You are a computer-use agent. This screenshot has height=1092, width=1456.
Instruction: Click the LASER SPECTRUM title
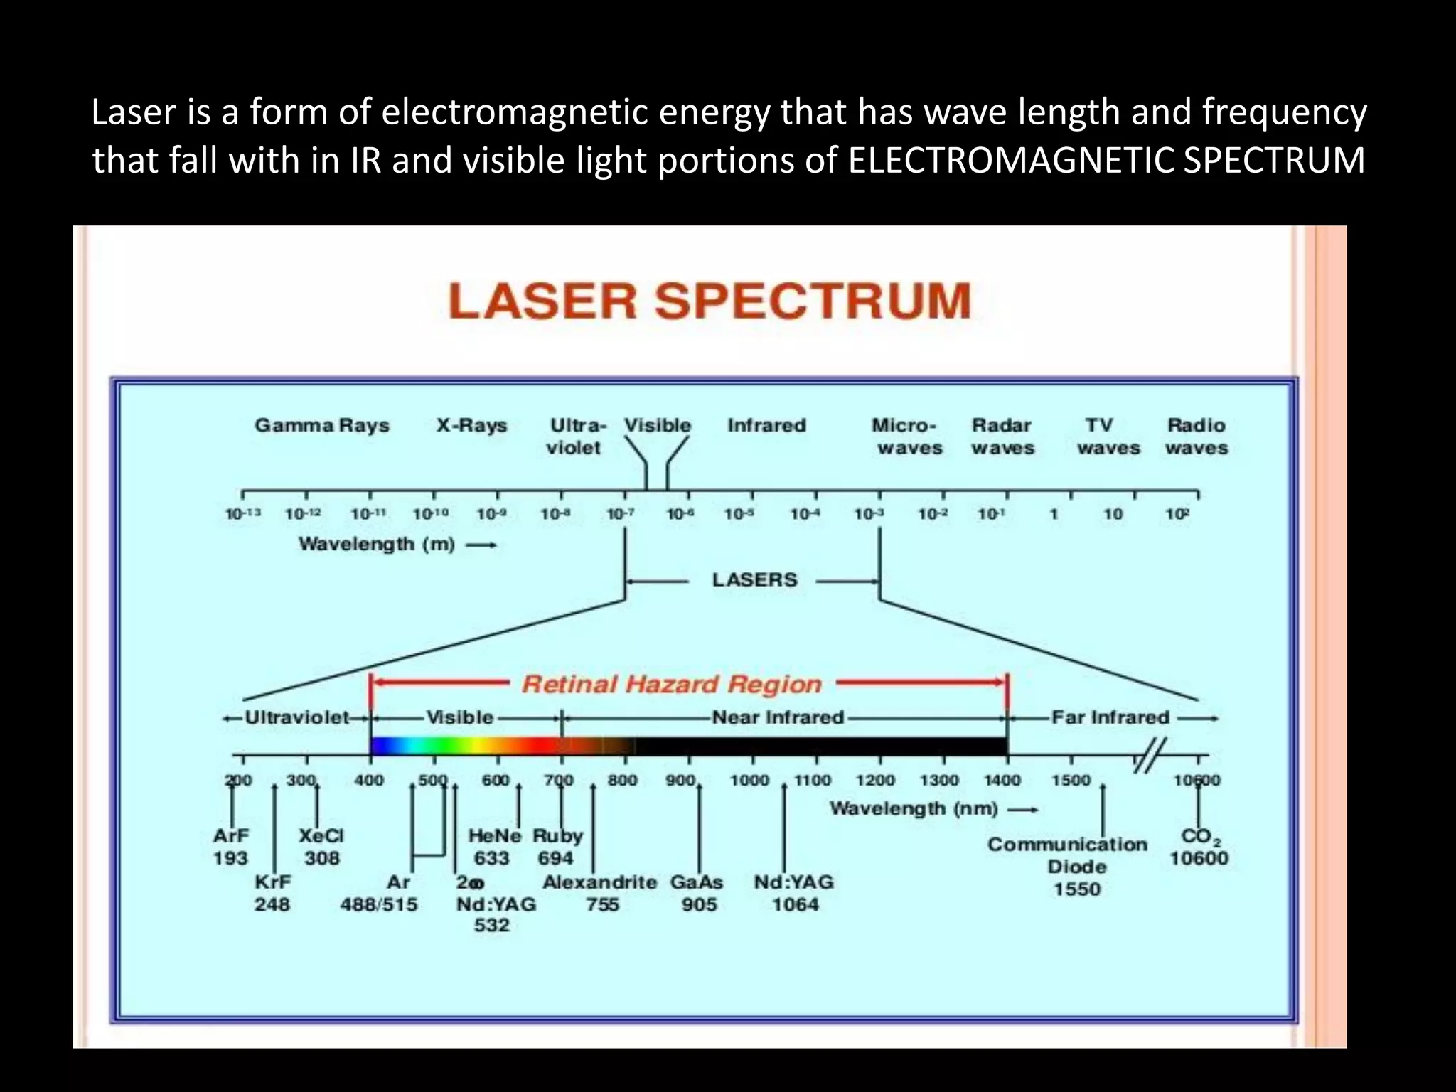710,301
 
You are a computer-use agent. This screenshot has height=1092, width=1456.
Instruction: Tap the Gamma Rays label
322,425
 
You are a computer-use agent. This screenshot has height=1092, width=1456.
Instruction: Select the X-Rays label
471,425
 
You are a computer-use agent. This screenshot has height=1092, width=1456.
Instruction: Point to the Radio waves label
1197,436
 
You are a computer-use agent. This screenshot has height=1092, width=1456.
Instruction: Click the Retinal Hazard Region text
672,684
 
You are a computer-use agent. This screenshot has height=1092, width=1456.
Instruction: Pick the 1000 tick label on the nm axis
750,780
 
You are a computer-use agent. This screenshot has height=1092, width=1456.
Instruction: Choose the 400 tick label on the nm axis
369,780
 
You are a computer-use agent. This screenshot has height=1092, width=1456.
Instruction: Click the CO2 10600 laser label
1199,847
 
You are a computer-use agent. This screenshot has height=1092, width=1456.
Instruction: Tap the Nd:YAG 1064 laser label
794,893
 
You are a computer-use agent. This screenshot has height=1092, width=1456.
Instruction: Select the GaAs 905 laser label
697,893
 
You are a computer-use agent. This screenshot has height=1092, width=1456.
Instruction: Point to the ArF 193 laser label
230,847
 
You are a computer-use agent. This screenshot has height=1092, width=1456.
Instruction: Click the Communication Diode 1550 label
1068,866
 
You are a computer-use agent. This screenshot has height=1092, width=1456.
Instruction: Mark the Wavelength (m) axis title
377,544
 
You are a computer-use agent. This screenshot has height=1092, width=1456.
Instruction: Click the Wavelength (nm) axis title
914,808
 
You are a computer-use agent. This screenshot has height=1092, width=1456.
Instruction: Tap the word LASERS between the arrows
755,579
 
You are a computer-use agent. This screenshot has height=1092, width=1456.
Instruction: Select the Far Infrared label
1110,717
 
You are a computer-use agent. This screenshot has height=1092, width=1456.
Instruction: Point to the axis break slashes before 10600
1150,755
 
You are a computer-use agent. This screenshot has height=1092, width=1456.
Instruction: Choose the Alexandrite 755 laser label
600,893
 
